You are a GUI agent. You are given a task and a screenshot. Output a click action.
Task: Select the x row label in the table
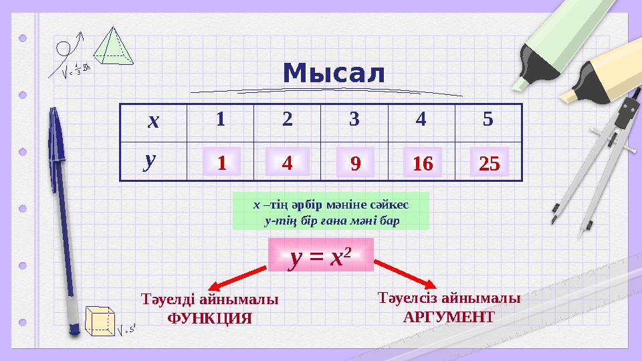pos(154,121)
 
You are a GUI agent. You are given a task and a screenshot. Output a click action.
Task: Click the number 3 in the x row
pos(354,120)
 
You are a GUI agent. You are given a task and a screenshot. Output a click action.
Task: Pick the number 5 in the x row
pos(488,120)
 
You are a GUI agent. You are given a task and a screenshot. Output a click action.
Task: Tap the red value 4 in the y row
pos(287,162)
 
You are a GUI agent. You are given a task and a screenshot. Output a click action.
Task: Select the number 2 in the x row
pos(287,120)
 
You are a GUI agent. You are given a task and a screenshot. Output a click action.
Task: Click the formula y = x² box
pos(320,255)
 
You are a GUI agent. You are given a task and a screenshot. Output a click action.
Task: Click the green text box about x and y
pos(330,211)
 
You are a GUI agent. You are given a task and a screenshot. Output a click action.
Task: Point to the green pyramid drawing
pos(113,47)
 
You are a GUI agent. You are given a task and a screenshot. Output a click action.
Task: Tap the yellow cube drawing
pos(100,320)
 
